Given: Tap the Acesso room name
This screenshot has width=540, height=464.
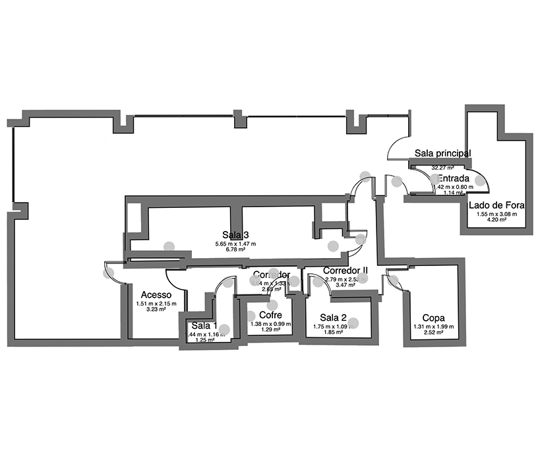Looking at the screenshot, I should tap(156, 295).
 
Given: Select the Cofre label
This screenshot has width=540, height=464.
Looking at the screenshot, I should tap(270, 315).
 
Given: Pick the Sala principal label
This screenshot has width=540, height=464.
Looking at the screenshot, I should tap(442, 153).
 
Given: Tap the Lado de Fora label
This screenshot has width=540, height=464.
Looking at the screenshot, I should tap(496, 205).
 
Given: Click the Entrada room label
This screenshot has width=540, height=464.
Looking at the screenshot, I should tap(454, 179).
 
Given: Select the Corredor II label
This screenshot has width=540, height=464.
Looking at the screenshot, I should tap(345, 271).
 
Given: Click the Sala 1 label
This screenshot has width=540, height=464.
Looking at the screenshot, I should tap(204, 325).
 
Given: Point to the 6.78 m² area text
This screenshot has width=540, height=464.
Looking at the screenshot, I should tap(235, 251).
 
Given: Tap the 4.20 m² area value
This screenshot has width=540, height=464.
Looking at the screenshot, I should tap(496, 220).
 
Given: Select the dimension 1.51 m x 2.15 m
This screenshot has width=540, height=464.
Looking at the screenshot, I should tap(157, 304).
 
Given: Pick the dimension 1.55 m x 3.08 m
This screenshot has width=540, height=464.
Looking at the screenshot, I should tap(496, 213).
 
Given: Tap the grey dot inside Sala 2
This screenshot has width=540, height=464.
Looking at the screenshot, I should tap(353, 323).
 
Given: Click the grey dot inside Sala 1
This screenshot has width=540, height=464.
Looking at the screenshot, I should tap(224, 329).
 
